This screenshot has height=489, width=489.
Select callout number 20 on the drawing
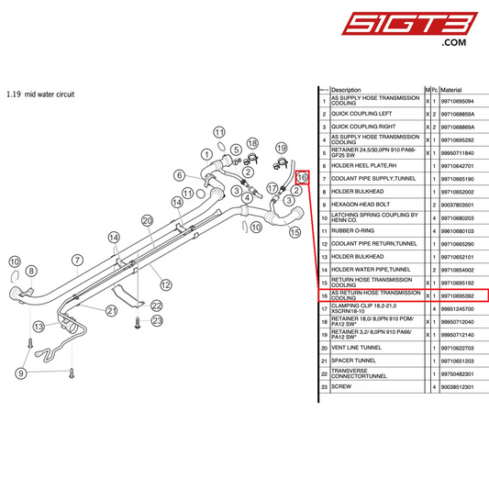[147, 220]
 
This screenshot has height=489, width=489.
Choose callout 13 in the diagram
[38, 326]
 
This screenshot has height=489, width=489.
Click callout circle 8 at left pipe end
[32, 271]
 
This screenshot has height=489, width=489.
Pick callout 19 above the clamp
[282, 148]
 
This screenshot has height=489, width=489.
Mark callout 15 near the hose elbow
[295, 232]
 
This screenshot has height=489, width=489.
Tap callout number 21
[111, 310]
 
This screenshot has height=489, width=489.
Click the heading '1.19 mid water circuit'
[39, 94]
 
